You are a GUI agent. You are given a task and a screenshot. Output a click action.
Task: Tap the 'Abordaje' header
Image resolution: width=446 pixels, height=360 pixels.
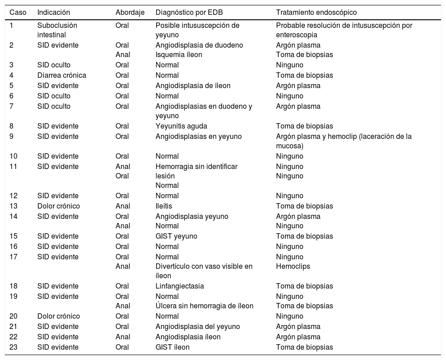pyautogui.click(x=130, y=13)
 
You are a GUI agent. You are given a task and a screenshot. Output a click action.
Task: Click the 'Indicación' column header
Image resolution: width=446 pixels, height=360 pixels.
pyautogui.click(x=54, y=13)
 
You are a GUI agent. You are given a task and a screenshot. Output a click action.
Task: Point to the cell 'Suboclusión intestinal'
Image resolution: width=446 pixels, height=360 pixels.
pyautogui.click(x=57, y=30)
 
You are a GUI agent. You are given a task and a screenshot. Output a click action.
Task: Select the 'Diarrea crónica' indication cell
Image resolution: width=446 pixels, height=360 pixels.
pyautogui.click(x=62, y=75)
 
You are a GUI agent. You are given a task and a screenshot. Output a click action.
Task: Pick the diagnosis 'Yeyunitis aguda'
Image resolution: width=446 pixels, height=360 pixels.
pyautogui.click(x=181, y=126)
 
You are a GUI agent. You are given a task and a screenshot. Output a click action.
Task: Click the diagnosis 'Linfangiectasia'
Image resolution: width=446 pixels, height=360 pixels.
pyautogui.click(x=179, y=286)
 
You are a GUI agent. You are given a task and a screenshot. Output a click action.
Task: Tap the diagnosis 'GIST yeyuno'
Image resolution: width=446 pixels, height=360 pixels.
pyautogui.click(x=176, y=236)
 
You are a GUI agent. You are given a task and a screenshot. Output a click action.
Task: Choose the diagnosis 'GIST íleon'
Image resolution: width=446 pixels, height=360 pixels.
pyautogui.click(x=173, y=347)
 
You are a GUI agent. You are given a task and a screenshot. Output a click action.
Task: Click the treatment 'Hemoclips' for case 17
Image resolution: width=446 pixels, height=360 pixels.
pyautogui.click(x=293, y=266)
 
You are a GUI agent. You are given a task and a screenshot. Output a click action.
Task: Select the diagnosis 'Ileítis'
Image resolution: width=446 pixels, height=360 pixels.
pyautogui.click(x=164, y=206)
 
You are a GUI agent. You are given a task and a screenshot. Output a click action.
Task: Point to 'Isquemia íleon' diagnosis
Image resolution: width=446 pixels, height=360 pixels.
pyautogui.click(x=178, y=54)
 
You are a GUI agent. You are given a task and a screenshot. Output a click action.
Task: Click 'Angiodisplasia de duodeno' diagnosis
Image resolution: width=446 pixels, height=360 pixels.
pyautogui.click(x=199, y=45)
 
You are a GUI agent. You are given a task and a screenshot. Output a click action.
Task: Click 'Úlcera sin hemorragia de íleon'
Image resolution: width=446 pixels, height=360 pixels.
pyautogui.click(x=204, y=306)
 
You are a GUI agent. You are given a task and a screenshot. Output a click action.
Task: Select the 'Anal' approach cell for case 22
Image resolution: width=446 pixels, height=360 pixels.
pyautogui.click(x=123, y=337)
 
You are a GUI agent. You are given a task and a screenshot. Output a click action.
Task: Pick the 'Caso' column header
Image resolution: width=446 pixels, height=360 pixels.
pyautogui.click(x=18, y=13)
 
